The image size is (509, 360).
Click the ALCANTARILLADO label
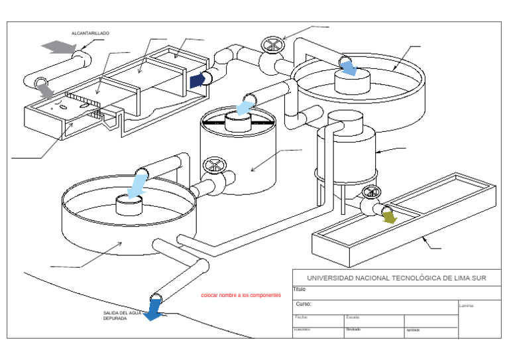[x=90, y=32]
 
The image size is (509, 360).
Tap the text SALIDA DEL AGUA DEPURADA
[x=121, y=315]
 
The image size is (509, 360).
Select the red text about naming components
[x=241, y=295]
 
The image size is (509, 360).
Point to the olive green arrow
[x=389, y=216]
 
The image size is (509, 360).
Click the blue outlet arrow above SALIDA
[x=154, y=309]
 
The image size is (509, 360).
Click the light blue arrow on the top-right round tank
[x=349, y=66]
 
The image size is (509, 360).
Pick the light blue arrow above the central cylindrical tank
[x=245, y=107]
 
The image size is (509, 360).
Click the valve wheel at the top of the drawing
[x=271, y=46]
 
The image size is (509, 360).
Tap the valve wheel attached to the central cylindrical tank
[x=213, y=165]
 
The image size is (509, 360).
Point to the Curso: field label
[x=304, y=305]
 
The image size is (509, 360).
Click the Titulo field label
[x=299, y=289]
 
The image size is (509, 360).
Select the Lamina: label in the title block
[x=467, y=306]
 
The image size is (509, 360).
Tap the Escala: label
[x=353, y=317]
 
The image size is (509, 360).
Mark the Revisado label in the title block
[x=353, y=329]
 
